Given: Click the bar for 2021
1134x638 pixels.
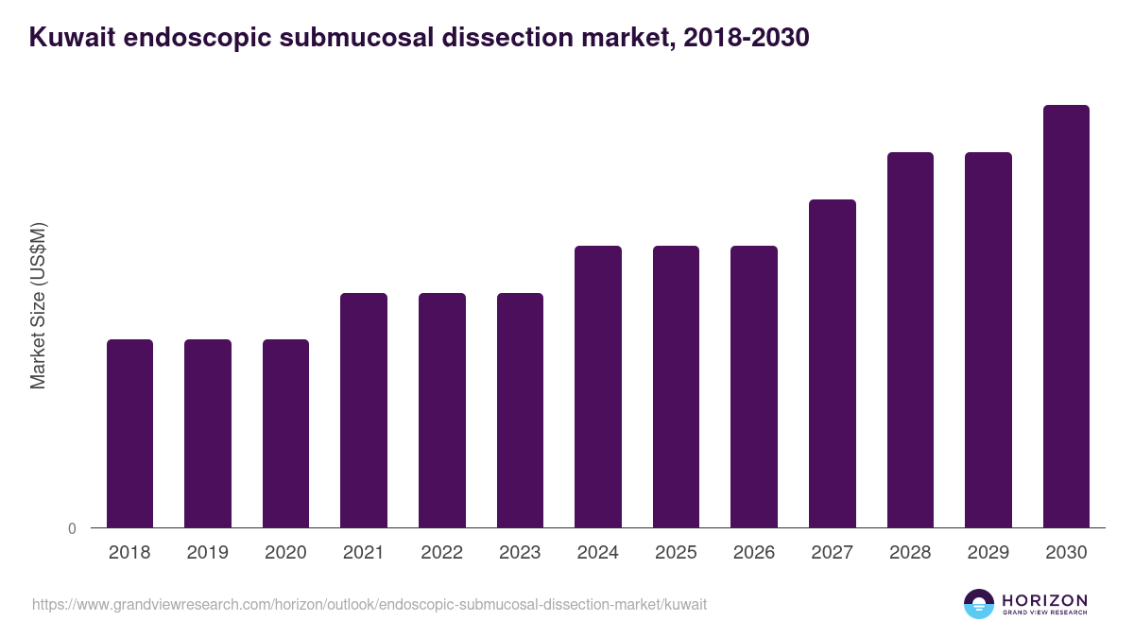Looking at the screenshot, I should point(364,410).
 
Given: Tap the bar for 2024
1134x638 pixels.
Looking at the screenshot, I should point(598,387).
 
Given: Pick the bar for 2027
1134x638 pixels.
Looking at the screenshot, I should point(833,363).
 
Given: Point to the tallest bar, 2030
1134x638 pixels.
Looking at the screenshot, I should point(1066,316).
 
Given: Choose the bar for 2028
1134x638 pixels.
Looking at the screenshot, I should point(910,339).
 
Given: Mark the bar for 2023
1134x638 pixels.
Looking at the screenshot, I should point(520,410).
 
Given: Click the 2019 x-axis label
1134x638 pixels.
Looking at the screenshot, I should point(207,553).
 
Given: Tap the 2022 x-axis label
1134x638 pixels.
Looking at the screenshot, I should point(441,553).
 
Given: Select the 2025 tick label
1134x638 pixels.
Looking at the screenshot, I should point(676,553).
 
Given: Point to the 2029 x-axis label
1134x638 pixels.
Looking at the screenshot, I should point(988,553).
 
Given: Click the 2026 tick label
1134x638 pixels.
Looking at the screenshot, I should point(754,553).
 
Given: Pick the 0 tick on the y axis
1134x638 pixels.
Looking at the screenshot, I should point(72,528).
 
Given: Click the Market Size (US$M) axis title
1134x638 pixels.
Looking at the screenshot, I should point(39,305).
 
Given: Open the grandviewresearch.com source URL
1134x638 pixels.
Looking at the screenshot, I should point(369,604).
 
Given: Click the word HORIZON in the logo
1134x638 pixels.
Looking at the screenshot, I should point(1045,600).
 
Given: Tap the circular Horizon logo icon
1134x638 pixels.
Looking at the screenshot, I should point(979,604).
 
